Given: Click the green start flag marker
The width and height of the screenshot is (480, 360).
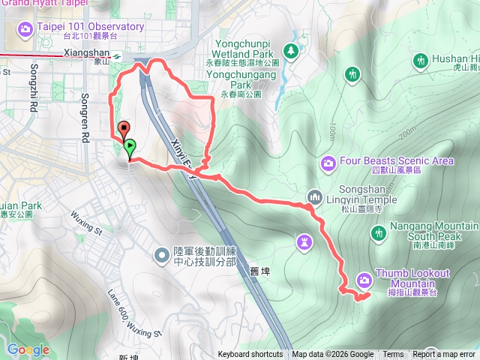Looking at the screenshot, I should (130, 148).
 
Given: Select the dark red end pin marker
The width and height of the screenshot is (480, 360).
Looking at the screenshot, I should (123, 130).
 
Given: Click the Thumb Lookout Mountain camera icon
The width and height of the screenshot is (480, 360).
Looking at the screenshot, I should (364, 280).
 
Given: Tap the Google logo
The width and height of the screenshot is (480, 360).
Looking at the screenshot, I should (28, 349).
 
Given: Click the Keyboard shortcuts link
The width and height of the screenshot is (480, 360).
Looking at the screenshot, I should (250, 355).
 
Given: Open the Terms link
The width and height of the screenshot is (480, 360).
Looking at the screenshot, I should (393, 355).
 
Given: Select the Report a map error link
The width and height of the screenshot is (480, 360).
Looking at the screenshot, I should (444, 355).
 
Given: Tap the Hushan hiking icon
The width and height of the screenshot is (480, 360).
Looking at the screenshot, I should (420, 59).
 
